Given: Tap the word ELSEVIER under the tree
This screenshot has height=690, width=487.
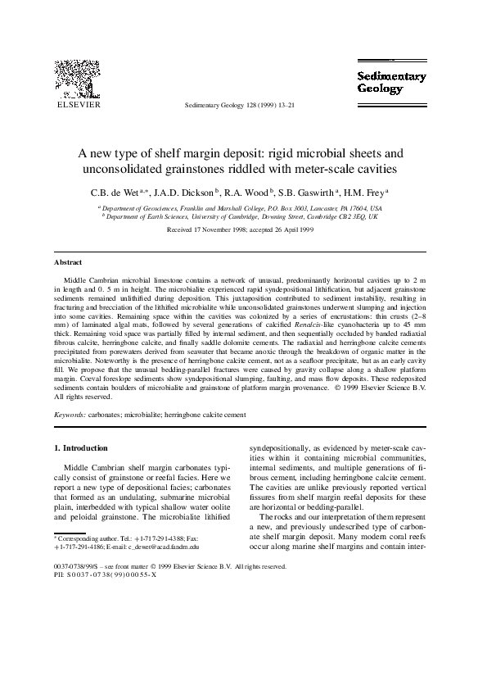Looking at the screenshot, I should pyautogui.click(x=77, y=105).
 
